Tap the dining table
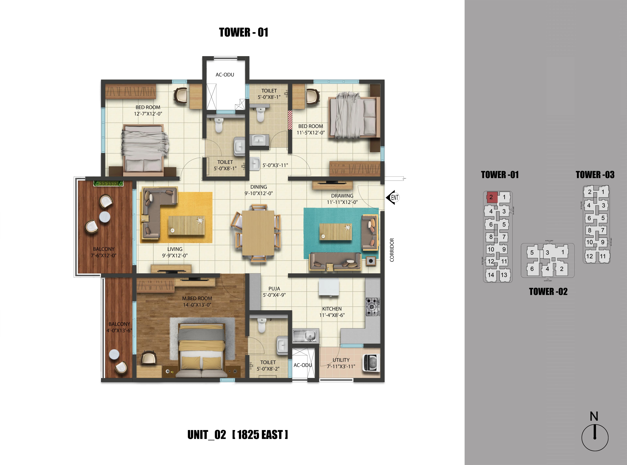[x=258, y=233]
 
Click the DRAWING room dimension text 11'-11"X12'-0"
[x=342, y=202]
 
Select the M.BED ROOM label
[x=197, y=298]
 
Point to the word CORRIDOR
[x=392, y=250]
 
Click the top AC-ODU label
[x=225, y=75]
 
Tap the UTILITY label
[x=341, y=360]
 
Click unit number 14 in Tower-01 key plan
[x=491, y=275]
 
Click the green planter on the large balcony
[x=108, y=183]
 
